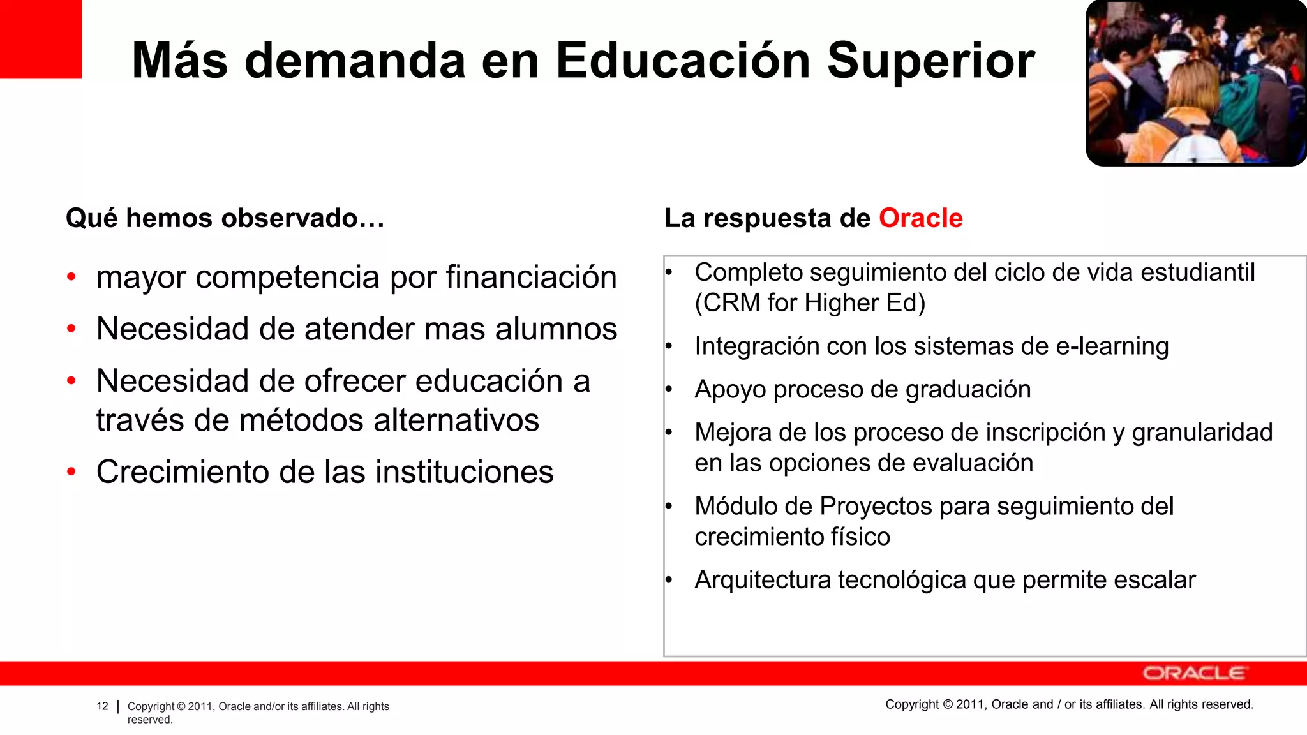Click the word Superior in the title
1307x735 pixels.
click(x=930, y=61)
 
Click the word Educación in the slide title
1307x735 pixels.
click(x=683, y=61)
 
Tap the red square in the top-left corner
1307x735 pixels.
click(x=40, y=39)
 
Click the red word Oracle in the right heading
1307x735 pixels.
click(x=920, y=218)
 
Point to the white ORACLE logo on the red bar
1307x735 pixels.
click(x=1193, y=674)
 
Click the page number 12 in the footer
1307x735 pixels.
click(x=102, y=706)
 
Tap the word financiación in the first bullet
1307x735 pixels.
click(x=531, y=278)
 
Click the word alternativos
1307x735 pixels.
click(x=456, y=420)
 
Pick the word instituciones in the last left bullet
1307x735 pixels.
click(x=464, y=472)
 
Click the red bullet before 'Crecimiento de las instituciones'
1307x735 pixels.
click(x=71, y=472)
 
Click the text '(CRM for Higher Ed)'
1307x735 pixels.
click(x=809, y=303)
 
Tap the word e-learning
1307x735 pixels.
click(x=1112, y=346)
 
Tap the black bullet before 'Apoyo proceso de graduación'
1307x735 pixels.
click(x=669, y=389)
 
